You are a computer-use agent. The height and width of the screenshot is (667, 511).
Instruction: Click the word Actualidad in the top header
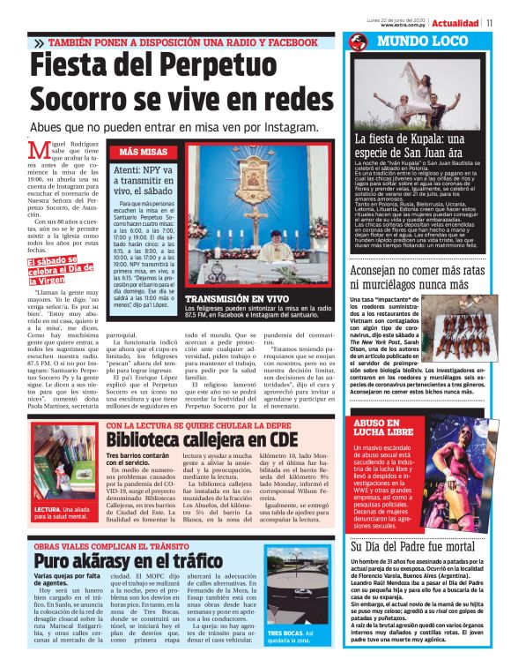click(455, 22)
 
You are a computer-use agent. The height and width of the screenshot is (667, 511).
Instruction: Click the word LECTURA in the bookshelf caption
click(48, 510)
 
